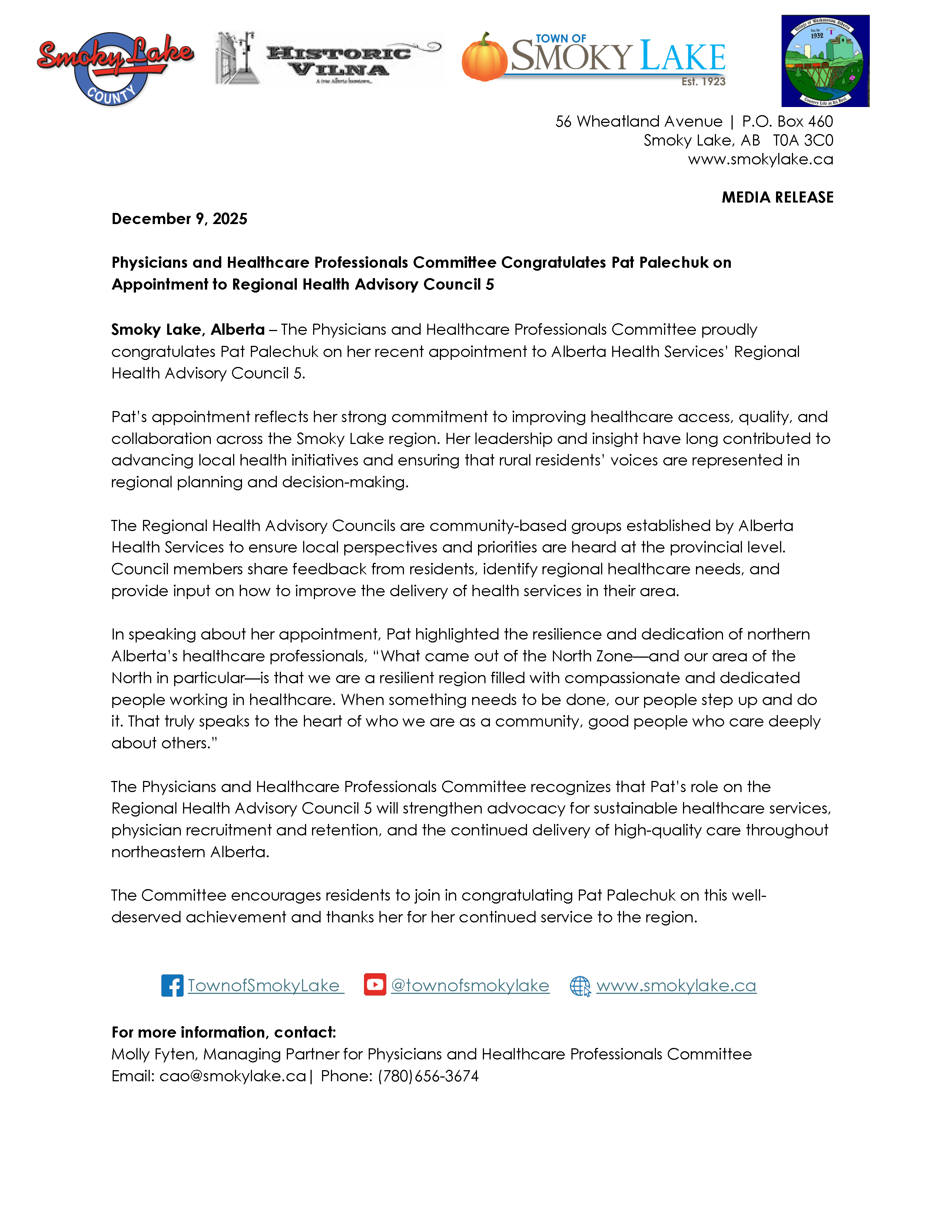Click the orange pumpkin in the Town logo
coord(484,58)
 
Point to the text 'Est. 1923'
coord(703,82)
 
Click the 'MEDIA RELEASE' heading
coord(777,197)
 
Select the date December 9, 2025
coord(179,219)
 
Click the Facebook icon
coord(172,985)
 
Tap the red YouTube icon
coord(375,984)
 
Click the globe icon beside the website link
coord(580,986)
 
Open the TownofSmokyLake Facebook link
coord(264,985)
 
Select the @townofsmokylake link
coord(470,985)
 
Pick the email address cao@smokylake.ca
coord(232,1076)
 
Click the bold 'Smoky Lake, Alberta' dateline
coord(188,330)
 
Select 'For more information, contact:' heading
coord(223,1032)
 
